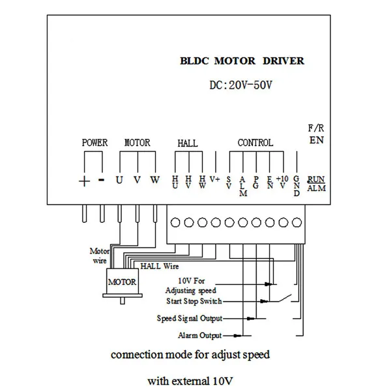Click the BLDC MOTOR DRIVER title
coord(242,61)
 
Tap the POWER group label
coord(94,143)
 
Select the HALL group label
coord(188,143)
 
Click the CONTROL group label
coord(255,143)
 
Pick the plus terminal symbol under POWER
coord(84,181)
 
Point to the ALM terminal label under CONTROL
coord(242,186)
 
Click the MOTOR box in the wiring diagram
coord(122,282)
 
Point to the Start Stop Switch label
coord(194,301)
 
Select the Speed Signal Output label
coord(190,319)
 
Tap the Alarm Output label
coord(199,336)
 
